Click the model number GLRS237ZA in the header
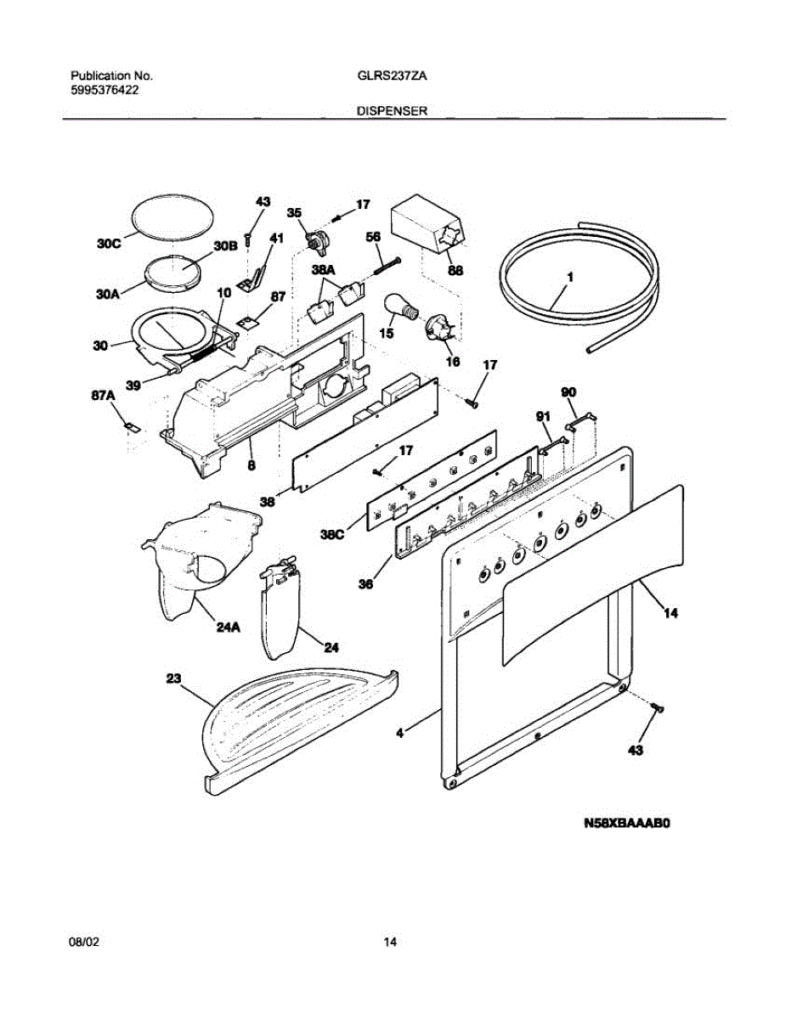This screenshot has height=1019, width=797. [x=393, y=76]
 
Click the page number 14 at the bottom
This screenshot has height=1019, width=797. [x=390, y=943]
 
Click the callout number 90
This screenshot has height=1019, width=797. [x=568, y=392]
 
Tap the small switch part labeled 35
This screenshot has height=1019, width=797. [x=318, y=243]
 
